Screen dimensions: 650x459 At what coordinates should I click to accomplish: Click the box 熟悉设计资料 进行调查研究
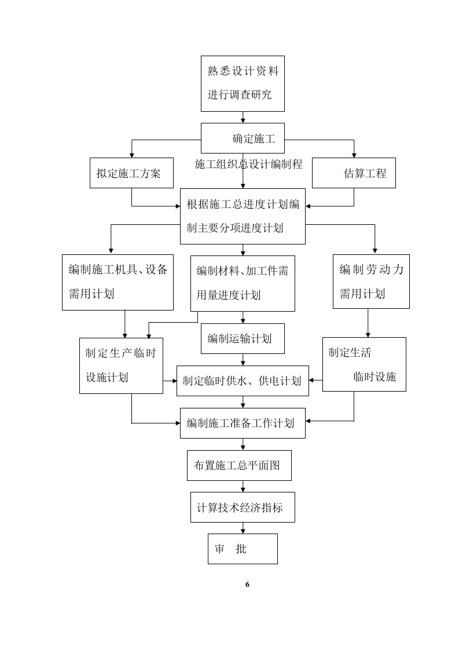coord(243,83)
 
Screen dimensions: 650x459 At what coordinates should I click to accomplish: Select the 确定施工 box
coord(243,138)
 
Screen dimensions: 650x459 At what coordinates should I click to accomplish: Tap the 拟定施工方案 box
coord(131,173)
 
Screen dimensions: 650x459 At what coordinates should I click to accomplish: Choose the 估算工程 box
coord(354,173)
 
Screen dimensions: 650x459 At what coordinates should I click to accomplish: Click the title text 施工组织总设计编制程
coord(249,164)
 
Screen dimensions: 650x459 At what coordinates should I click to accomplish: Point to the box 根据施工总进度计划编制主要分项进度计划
coord(243,216)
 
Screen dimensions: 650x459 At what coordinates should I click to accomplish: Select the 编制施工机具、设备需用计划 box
coord(117,282)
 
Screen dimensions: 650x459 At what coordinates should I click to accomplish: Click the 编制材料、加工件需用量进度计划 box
coord(243,283)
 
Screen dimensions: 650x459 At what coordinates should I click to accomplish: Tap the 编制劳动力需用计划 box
coord(371,282)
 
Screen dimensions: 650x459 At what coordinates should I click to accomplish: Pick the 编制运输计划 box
coord(243,338)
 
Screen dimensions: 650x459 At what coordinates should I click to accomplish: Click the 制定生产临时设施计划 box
coord(121,366)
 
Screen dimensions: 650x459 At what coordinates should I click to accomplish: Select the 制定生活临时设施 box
coord(364,364)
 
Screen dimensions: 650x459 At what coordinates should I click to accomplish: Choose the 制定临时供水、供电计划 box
coord(243,381)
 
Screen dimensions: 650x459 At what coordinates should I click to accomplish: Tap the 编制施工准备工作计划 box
coord(243,423)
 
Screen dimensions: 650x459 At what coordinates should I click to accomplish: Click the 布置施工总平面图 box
coord(239,465)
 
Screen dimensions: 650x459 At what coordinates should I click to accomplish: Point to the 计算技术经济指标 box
coord(243,507)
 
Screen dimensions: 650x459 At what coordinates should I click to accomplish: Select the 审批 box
coord(243,549)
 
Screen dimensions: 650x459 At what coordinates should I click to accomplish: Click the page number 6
coord(247,584)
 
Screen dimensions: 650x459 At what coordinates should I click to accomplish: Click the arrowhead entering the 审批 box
coord(243,531)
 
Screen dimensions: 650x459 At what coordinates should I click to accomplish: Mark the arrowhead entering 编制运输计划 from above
coord(243,320)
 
